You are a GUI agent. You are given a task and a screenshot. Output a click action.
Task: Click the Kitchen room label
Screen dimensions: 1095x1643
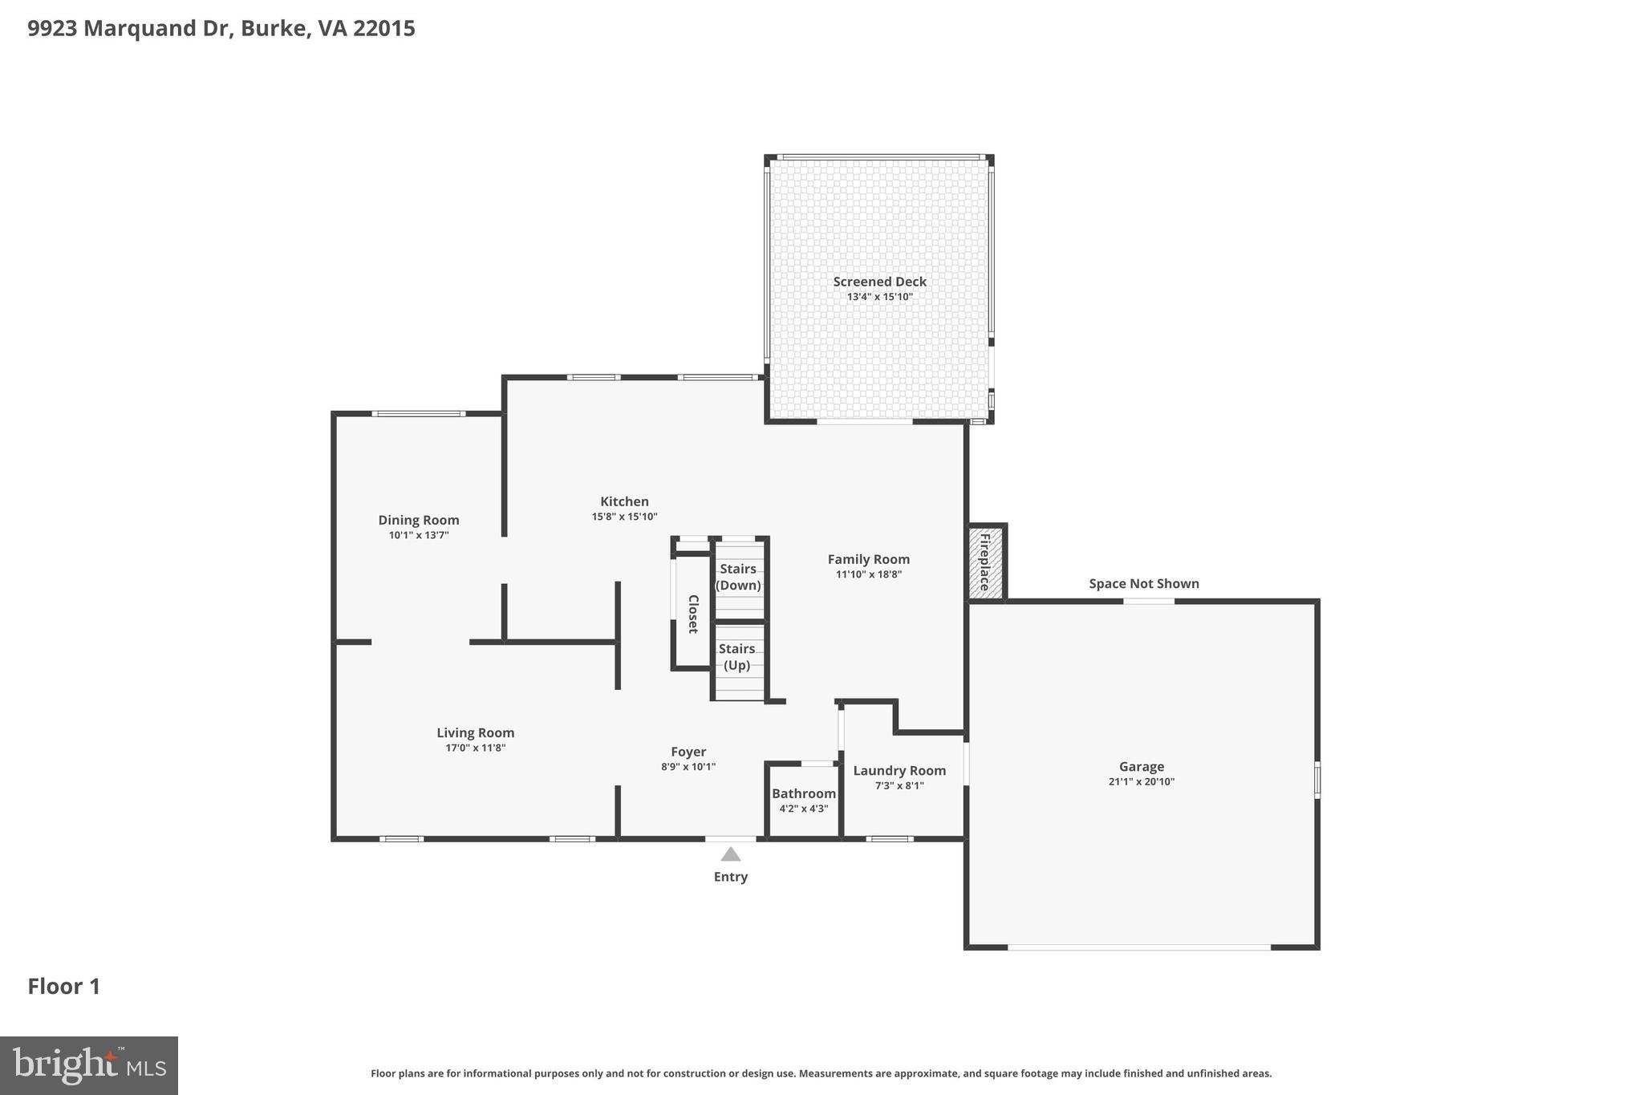tap(624, 501)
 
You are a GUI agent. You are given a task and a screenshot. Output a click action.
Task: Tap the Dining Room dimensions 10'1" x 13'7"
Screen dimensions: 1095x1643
tap(419, 535)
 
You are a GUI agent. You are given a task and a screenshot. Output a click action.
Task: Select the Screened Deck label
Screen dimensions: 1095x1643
tap(879, 282)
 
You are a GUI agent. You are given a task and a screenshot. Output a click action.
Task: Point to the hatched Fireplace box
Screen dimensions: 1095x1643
tap(985, 562)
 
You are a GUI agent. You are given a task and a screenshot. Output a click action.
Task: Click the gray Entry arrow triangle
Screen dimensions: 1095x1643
tap(730, 854)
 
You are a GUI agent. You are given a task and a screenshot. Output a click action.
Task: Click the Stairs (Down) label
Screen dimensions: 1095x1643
tap(738, 577)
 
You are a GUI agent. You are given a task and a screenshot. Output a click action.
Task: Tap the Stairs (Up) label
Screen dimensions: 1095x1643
tap(736, 656)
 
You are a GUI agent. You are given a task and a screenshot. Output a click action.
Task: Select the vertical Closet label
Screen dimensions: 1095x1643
tap(693, 614)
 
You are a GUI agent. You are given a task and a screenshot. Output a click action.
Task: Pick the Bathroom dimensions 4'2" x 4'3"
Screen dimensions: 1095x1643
tap(803, 809)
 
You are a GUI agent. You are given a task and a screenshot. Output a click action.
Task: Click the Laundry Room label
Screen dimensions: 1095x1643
tap(899, 770)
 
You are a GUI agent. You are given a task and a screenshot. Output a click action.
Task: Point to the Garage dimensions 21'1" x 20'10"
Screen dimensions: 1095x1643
tap(1141, 781)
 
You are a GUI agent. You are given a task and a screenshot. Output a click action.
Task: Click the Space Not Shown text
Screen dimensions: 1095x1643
tap(1143, 583)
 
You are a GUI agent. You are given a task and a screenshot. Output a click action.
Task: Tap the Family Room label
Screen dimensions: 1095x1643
tap(868, 559)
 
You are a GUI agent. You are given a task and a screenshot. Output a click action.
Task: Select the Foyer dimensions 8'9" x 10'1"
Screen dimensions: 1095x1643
tap(688, 767)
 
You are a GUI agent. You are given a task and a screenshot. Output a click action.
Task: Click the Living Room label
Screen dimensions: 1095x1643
tap(475, 732)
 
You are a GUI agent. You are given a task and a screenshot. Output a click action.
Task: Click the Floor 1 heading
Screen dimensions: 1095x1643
tap(64, 986)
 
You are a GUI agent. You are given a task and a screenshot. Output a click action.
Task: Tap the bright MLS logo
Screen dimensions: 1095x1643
tap(89, 1065)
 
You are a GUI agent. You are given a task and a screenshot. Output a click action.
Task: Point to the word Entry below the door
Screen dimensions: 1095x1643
tap(730, 877)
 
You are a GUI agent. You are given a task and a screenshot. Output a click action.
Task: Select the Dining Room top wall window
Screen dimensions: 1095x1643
tap(418, 414)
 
